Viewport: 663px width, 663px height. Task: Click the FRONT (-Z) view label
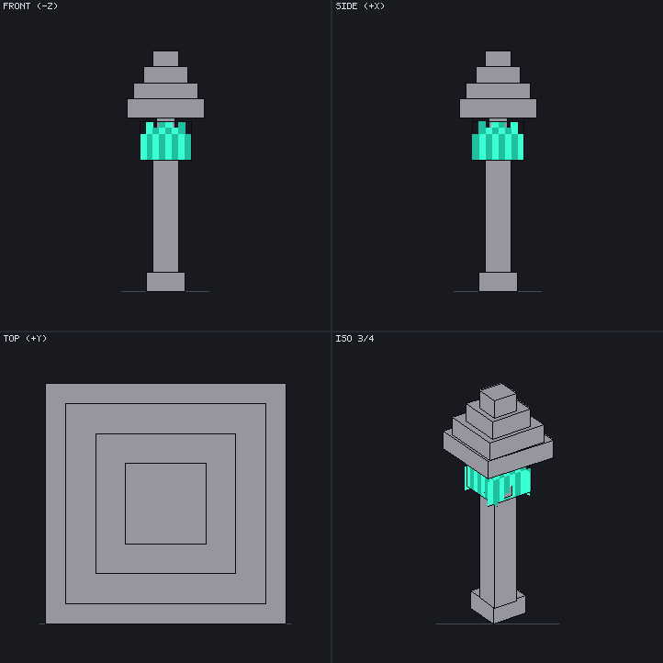click(30, 6)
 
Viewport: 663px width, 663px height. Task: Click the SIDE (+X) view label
click(360, 6)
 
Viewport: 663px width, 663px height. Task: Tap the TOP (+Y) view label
click(25, 338)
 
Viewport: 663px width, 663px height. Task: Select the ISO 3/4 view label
click(354, 338)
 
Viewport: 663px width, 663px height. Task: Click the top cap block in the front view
click(165, 59)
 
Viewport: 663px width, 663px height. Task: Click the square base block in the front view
click(165, 282)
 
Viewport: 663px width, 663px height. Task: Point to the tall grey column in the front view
click(165, 216)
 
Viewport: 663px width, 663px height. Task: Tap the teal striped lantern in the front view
click(165, 140)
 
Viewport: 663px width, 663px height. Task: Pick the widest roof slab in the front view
click(165, 108)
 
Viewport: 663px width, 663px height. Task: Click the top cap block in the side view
click(498, 59)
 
